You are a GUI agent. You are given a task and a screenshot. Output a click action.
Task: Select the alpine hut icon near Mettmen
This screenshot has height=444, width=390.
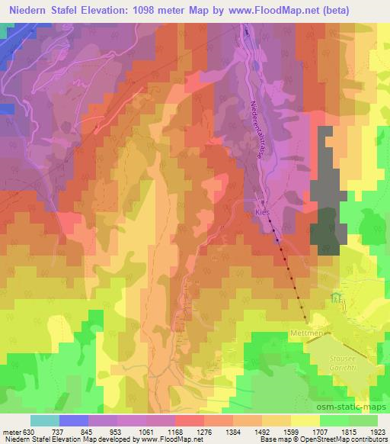(x=337, y=298)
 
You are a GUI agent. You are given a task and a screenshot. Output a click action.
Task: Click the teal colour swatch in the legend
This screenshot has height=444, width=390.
(x=45, y=420)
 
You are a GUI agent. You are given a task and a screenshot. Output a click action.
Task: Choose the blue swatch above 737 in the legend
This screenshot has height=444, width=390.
(x=74, y=420)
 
